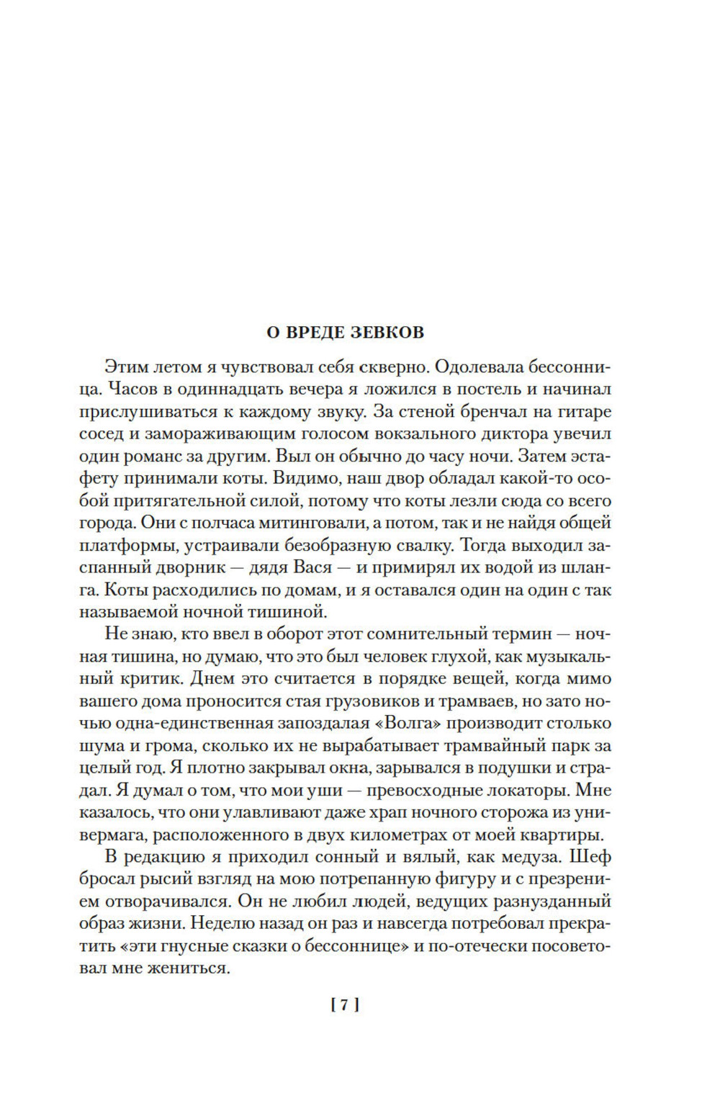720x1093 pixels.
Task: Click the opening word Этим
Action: [x=127, y=366]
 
